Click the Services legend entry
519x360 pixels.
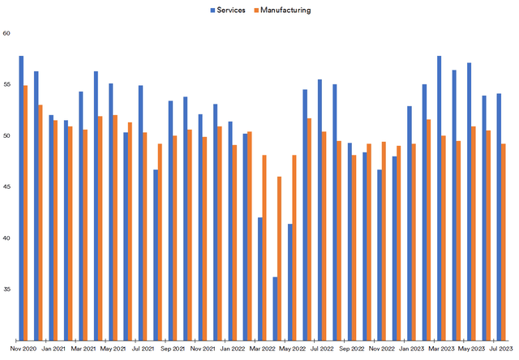point(234,11)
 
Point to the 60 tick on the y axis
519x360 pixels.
point(6,33)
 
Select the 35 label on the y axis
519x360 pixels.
point(6,289)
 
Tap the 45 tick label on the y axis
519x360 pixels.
point(6,186)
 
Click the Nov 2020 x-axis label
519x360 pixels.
point(23,349)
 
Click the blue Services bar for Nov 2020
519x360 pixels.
point(21,198)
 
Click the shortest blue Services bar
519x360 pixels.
point(275,308)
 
